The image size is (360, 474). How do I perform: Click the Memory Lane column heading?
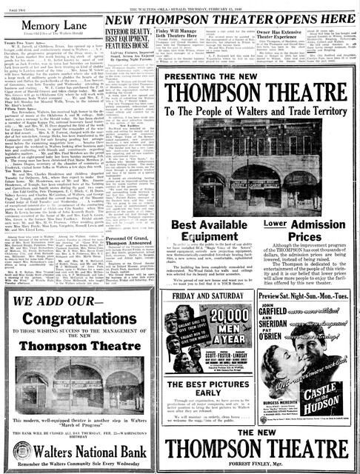point(50,23)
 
